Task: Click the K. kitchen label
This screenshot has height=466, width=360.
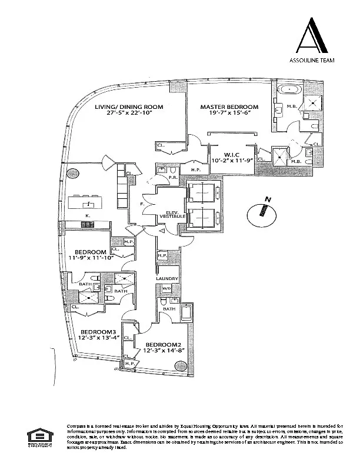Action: click(x=87, y=217)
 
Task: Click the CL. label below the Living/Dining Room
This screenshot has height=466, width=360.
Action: click(x=159, y=145)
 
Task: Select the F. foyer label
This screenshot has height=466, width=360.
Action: click(x=143, y=204)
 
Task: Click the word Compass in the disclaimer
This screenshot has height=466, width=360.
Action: click(x=77, y=425)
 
